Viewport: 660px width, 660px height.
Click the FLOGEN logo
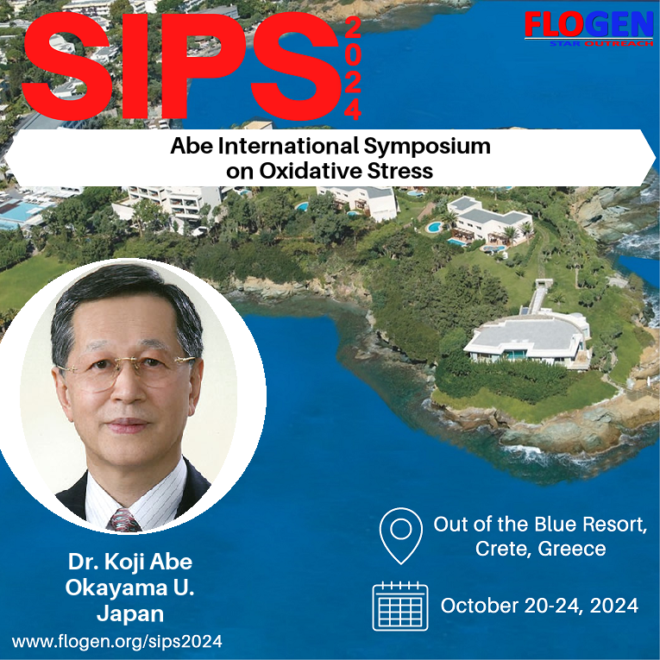[x=588, y=28]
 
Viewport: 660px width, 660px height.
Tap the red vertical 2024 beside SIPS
[x=353, y=69]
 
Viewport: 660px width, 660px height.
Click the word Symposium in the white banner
[x=427, y=147]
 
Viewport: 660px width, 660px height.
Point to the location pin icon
[x=400, y=536]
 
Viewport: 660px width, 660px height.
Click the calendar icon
[x=399, y=607]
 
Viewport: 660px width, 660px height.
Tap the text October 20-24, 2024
[x=539, y=606]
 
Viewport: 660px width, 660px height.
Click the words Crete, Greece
[x=540, y=549]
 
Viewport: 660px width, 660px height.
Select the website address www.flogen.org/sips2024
[x=117, y=642]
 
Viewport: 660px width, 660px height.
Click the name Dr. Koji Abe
[x=130, y=563]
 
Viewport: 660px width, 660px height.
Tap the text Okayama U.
[x=129, y=588]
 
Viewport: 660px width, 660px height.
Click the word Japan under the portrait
[x=130, y=613]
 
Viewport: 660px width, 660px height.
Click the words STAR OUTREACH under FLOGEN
[x=601, y=43]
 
